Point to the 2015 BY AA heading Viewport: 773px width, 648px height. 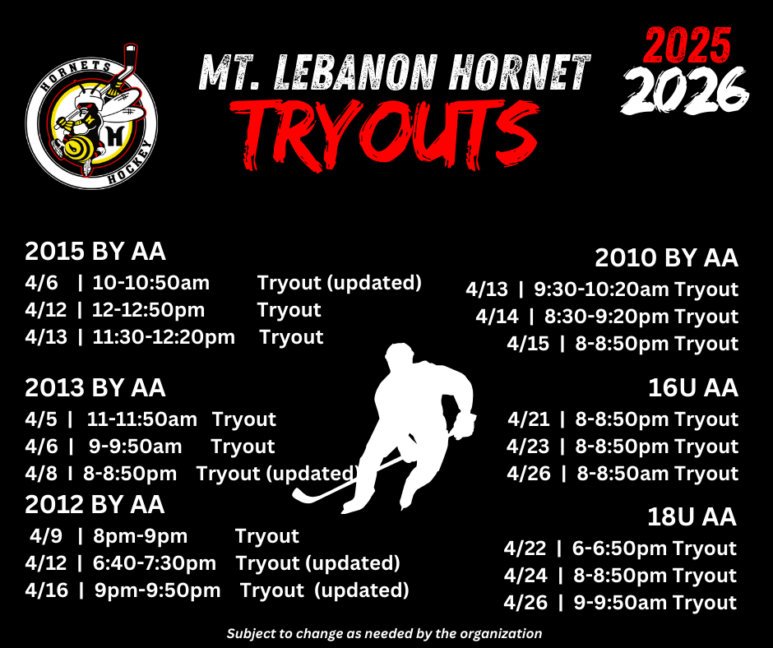95,251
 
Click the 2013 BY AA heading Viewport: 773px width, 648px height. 95,387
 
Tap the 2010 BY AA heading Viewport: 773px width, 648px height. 666,258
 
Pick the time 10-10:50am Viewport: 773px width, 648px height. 151,283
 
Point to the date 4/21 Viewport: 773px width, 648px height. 529,419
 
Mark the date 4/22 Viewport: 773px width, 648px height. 525,548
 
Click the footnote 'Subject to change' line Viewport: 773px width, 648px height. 385,633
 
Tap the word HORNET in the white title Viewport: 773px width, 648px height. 518,72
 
